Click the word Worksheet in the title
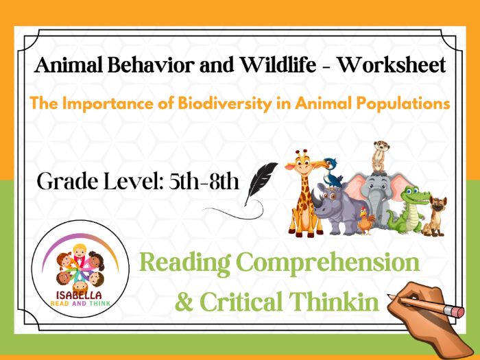pos(392,66)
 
